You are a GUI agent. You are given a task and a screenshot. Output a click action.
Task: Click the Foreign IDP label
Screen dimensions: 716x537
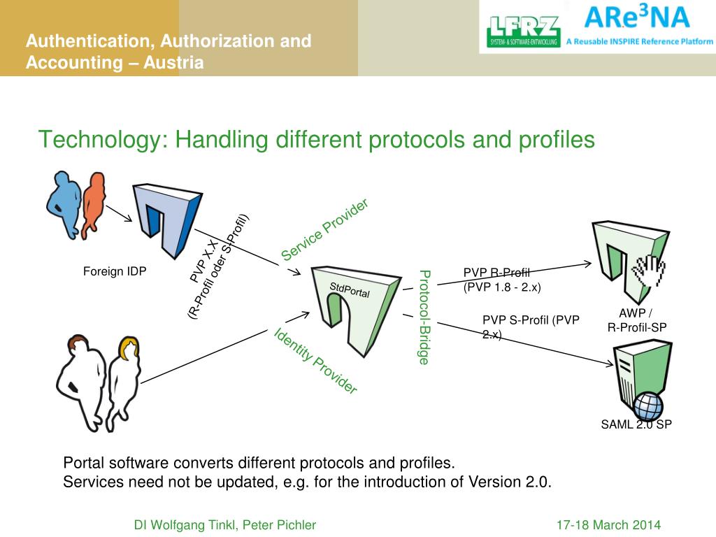click(x=115, y=271)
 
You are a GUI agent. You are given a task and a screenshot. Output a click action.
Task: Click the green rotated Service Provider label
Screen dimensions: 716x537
click(x=324, y=229)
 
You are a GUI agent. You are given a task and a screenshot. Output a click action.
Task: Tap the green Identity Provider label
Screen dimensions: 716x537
click(x=315, y=360)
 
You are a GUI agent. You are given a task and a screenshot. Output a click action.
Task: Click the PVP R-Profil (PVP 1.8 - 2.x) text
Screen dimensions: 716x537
click(x=502, y=280)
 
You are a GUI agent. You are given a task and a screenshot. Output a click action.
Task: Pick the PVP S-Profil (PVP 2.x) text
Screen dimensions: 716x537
click(x=531, y=327)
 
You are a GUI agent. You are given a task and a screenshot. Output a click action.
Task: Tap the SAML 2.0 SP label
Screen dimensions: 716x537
click(x=636, y=424)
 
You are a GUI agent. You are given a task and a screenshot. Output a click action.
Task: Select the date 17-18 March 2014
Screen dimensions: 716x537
click(x=608, y=525)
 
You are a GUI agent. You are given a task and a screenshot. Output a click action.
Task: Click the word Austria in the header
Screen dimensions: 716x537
click(x=174, y=63)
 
